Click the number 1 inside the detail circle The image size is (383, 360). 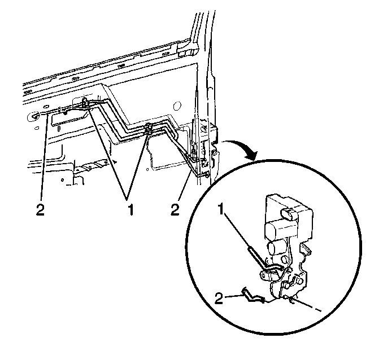coord(221,209)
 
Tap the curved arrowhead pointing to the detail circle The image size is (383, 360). coord(253,154)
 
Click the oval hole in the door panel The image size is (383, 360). coord(177,106)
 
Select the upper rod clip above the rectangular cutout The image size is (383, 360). coord(85,102)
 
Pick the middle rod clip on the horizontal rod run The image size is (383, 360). coord(149,129)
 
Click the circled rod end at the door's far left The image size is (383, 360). coord(35,116)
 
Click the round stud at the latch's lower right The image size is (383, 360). coord(299,282)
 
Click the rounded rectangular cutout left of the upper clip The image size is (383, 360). coord(69,119)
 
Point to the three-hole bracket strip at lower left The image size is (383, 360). coord(94,165)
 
